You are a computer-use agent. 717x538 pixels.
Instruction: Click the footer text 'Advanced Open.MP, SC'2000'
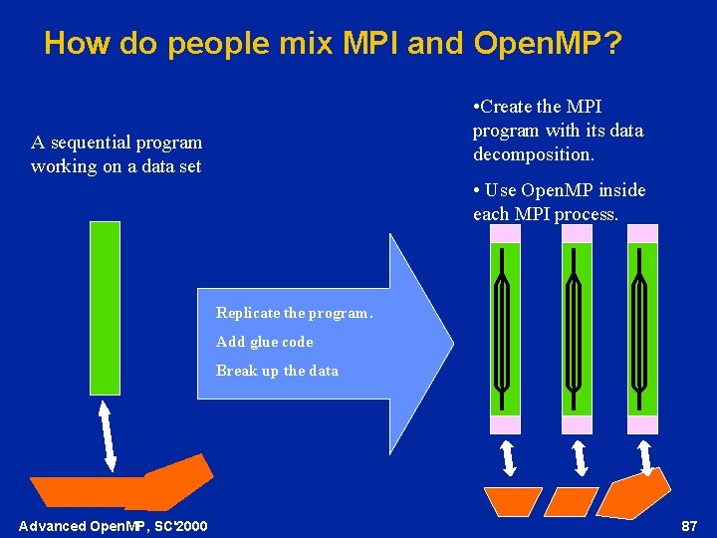[x=114, y=525]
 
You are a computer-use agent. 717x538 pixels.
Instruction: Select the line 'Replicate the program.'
[x=294, y=313]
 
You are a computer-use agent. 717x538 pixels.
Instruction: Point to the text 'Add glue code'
[x=264, y=342]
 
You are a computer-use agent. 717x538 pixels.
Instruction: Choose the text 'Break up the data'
[x=277, y=371]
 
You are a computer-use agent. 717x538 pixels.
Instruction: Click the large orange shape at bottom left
[x=119, y=488]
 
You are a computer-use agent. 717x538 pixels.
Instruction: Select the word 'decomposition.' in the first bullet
[x=534, y=154]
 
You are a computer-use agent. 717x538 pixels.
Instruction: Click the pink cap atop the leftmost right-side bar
[x=505, y=233]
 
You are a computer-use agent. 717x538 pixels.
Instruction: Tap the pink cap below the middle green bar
[x=578, y=424]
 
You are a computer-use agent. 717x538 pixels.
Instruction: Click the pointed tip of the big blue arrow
[x=451, y=343]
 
